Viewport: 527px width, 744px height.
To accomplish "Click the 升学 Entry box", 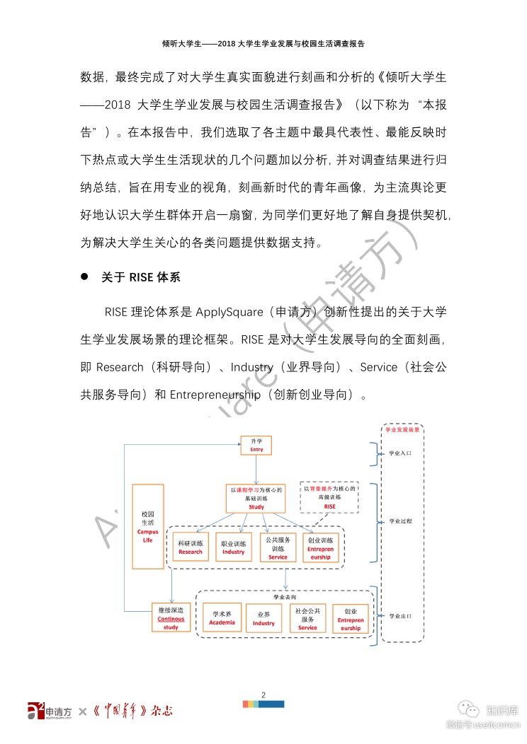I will [x=256, y=446].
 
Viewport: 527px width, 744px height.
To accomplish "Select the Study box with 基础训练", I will [x=256, y=498].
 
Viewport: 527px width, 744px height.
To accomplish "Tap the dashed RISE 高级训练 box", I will [x=330, y=497].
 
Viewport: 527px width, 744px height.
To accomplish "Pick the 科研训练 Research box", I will [x=191, y=547].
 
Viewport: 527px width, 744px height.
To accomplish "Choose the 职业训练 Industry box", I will [x=233, y=547].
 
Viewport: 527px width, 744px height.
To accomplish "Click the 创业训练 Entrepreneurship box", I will [x=320, y=547].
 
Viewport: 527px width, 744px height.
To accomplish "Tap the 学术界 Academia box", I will [x=222, y=617].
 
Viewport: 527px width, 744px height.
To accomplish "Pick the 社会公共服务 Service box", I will [x=307, y=618].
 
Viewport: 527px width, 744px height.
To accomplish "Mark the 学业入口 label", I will [x=401, y=453].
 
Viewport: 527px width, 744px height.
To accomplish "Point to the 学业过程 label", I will [x=401, y=521].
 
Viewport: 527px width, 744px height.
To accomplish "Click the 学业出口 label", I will [x=401, y=616].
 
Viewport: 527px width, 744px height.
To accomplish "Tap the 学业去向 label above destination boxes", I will [x=285, y=597].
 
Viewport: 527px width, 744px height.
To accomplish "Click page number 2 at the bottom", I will [x=263, y=694].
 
